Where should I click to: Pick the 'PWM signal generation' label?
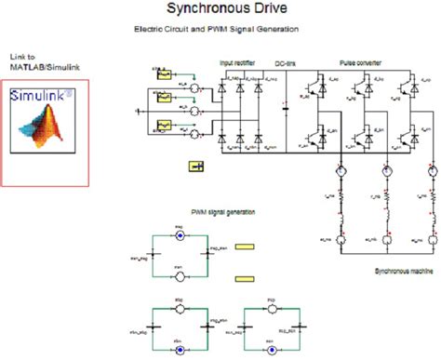click(x=223, y=212)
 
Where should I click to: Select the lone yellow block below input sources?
click(x=196, y=167)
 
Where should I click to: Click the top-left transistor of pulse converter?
click(x=333, y=87)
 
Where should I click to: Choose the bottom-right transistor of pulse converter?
click(x=408, y=137)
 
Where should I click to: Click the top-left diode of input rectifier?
click(x=224, y=87)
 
